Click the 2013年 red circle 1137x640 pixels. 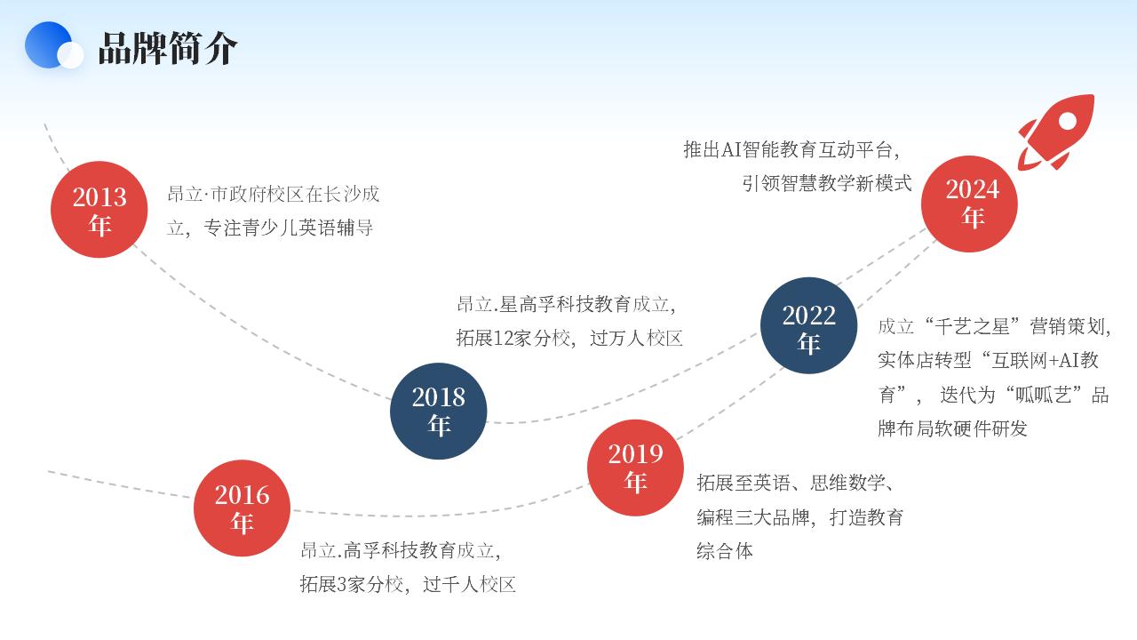99,209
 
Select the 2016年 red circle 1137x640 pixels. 242,508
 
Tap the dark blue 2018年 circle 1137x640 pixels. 439,411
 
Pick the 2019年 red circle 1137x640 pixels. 635,468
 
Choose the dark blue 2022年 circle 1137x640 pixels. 808,325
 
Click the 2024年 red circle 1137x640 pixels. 969,204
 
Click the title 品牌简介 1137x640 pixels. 168,48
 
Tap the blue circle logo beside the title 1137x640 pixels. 49,44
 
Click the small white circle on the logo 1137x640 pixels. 70,55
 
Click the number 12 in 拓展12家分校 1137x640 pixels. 503,339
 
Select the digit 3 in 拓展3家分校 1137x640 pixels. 342,585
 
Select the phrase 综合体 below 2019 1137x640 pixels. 725,551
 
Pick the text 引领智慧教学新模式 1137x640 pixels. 827,183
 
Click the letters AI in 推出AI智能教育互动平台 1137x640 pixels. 731,150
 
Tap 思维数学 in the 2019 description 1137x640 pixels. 847,483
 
